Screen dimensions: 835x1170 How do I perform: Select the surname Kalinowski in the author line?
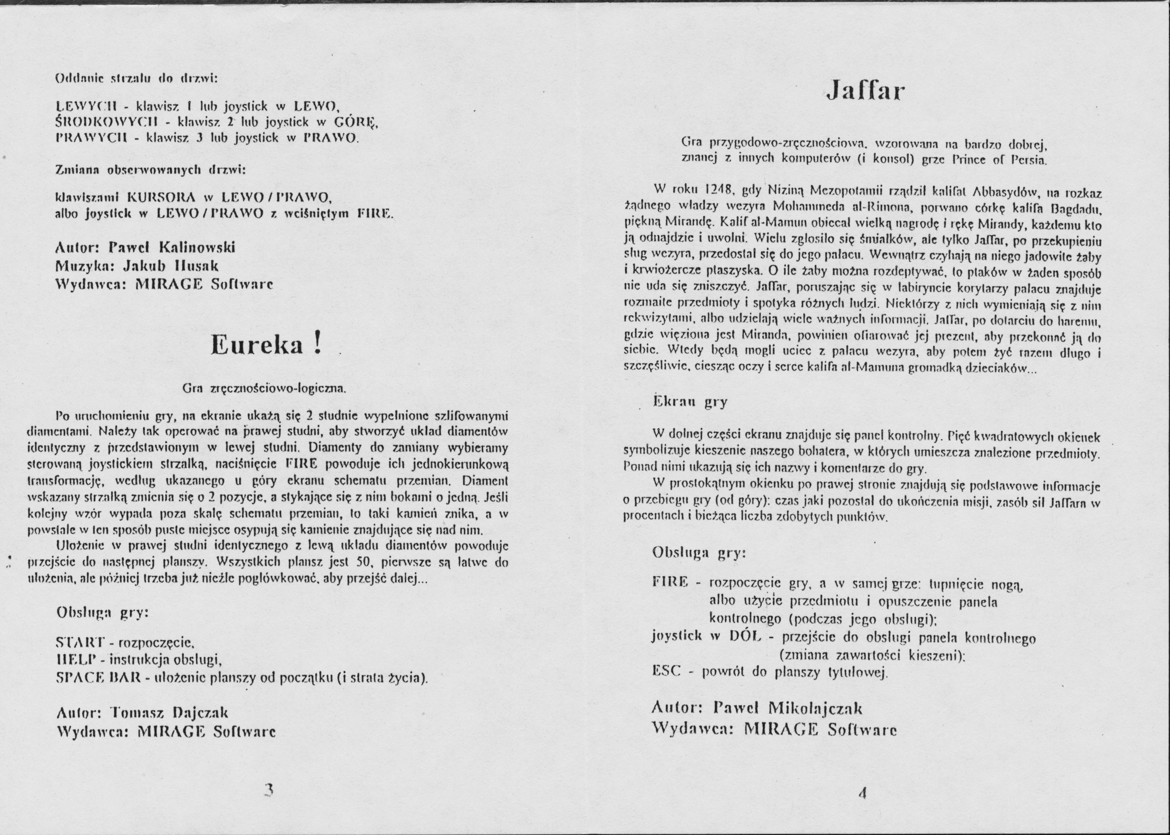click(x=198, y=247)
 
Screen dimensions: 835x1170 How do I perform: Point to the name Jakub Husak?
click(x=171, y=266)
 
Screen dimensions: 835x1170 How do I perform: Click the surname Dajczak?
click(x=200, y=713)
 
